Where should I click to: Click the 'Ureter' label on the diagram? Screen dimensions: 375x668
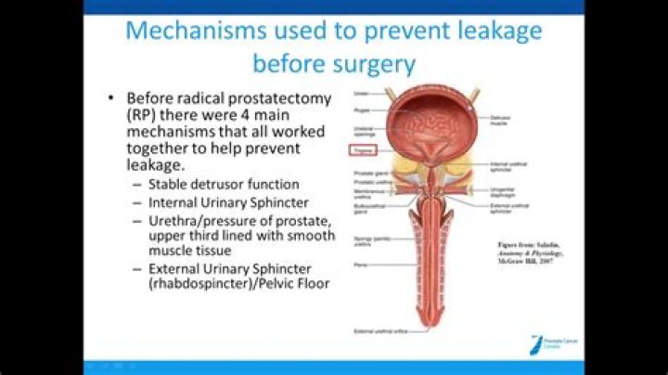click(361, 93)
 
